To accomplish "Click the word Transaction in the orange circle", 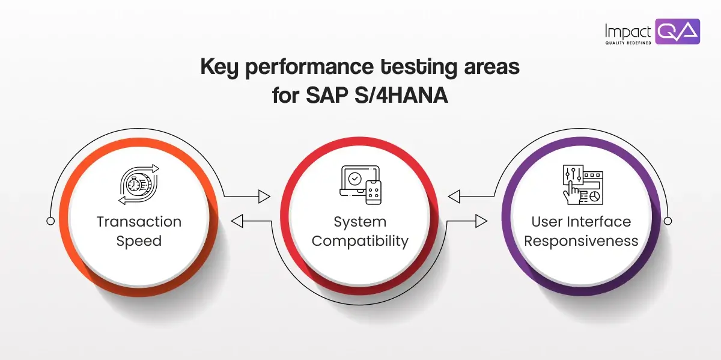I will pyautogui.click(x=139, y=221).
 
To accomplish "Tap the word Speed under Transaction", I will pyautogui.click(x=139, y=241).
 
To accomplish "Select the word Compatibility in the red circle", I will pyautogui.click(x=360, y=241).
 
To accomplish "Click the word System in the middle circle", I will pyautogui.click(x=360, y=221).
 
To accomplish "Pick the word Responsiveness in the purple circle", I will pyautogui.click(x=581, y=241).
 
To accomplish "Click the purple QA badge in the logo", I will pyautogui.click(x=677, y=31).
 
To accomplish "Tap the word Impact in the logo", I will pyautogui.click(x=628, y=30).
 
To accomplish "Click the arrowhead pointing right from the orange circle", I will pyautogui.click(x=264, y=196).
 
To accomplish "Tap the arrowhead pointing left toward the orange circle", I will pyautogui.click(x=237, y=222).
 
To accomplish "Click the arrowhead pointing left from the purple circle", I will pyautogui.click(x=454, y=196).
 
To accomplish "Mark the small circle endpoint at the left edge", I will pyautogui.click(x=50, y=221).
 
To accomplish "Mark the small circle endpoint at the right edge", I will pyautogui.click(x=668, y=221).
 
